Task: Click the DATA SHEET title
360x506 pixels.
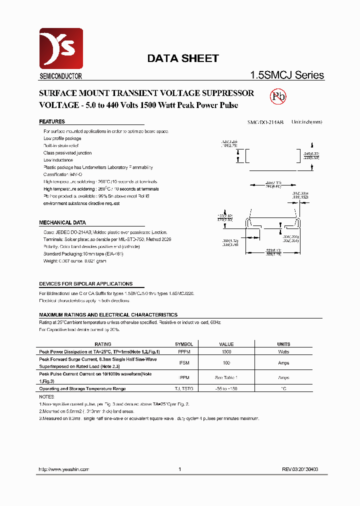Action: tap(182, 58)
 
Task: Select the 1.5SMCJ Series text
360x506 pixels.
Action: tap(287, 75)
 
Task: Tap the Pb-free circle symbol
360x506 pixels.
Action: tap(278, 96)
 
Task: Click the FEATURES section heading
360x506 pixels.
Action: tap(52, 121)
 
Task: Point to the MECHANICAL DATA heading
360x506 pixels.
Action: tap(62, 222)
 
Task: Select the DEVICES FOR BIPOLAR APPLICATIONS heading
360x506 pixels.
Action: tap(85, 283)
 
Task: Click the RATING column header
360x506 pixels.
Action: tap(103, 344)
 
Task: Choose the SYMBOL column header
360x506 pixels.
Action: tap(184, 344)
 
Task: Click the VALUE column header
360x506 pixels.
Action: tap(226, 344)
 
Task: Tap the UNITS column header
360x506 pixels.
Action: tap(283, 344)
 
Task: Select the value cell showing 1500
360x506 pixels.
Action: tap(226, 352)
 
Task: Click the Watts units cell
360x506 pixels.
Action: tap(283, 352)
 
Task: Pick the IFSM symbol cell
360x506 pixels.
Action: tap(184, 363)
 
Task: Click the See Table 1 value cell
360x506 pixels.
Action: tap(226, 377)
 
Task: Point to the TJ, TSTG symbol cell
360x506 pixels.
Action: tap(184, 388)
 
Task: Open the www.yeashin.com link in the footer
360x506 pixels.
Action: tap(64, 469)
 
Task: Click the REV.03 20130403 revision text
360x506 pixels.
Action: tap(299, 469)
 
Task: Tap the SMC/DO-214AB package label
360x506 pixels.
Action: tap(265, 122)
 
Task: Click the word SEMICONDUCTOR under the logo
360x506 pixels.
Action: tap(60, 76)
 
